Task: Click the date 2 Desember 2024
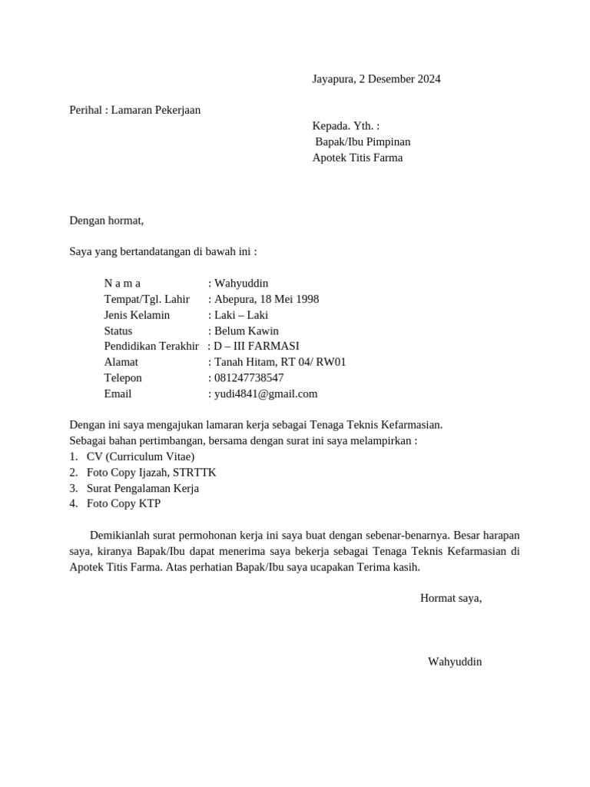click(399, 79)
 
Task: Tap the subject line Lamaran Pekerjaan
click(155, 110)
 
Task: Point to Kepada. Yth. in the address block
click(346, 126)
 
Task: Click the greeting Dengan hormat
click(107, 221)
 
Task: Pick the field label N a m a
click(122, 284)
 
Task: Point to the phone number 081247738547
click(249, 378)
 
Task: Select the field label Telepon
click(123, 378)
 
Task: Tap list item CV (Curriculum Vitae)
click(141, 457)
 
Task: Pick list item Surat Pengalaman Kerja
click(143, 488)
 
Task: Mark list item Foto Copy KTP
click(124, 504)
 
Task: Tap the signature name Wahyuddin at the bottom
click(455, 661)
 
